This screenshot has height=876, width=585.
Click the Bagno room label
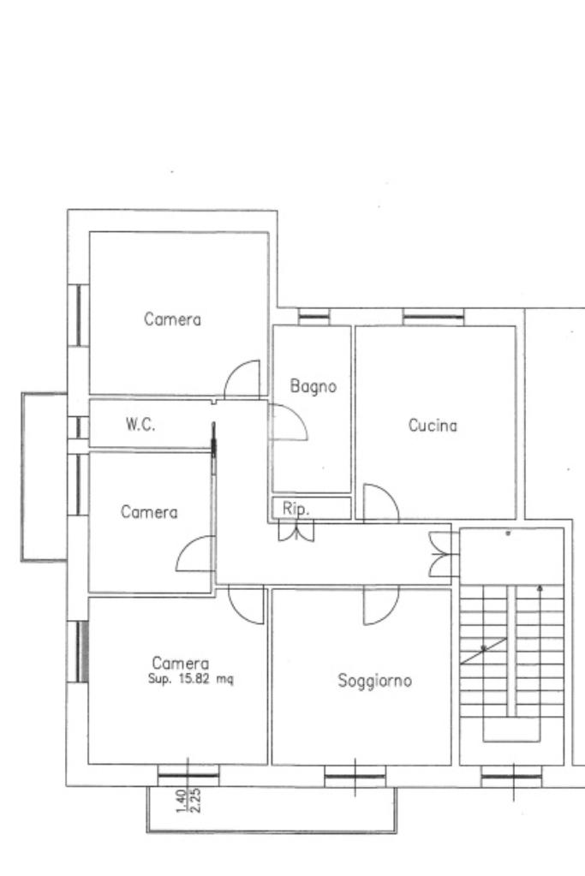coord(313,386)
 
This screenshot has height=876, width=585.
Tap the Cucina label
coord(433,426)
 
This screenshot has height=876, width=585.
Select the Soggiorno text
coord(374,681)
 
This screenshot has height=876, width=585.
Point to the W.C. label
coord(140,425)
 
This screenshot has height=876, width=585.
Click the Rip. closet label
coord(295,509)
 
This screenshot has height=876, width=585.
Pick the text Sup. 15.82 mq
coord(190,679)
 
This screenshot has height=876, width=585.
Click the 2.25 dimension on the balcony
coord(196,801)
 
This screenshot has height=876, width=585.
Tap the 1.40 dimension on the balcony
coord(181,801)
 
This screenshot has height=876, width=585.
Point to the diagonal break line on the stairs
coord(483,650)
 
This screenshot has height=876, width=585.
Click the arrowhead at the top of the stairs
coord(540,587)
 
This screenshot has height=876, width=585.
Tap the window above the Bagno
coord(313,317)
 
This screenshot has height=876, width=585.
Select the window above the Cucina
coord(433,317)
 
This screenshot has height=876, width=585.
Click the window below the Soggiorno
coord(355,776)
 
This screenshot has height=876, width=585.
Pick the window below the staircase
coord(512,776)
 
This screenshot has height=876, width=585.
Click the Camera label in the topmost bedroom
coord(172,319)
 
